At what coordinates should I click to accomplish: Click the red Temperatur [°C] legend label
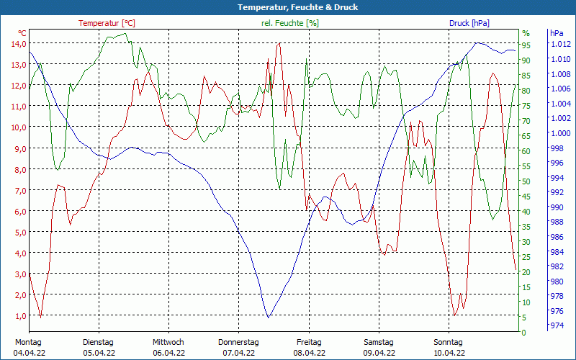click(107, 23)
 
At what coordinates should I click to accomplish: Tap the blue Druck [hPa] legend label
click(469, 23)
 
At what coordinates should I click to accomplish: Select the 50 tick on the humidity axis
click(526, 181)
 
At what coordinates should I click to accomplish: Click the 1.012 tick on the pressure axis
click(560, 45)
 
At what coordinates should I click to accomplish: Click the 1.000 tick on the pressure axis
click(560, 133)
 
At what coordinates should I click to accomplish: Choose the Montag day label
click(27, 342)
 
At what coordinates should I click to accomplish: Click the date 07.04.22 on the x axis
click(238, 353)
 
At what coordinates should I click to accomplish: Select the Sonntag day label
click(449, 342)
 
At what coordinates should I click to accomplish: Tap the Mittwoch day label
click(168, 342)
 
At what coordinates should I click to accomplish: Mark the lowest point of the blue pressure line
click(268, 318)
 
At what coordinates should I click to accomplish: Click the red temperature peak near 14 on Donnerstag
click(279, 43)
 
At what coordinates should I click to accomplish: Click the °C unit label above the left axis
click(22, 33)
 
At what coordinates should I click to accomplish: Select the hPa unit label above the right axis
click(557, 33)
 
